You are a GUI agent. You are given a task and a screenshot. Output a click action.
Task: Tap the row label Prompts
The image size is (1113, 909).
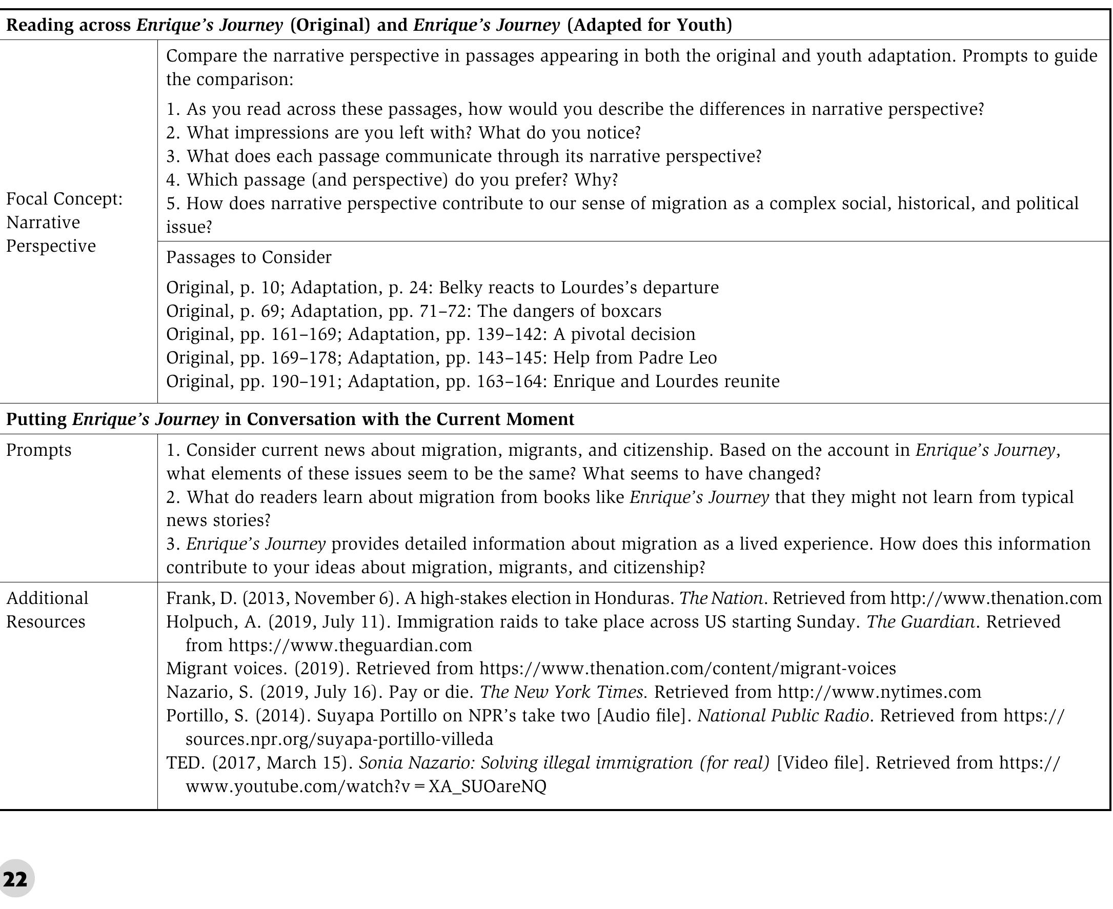[x=39, y=450]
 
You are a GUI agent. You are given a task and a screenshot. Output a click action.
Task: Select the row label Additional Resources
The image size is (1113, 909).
[x=47, y=610]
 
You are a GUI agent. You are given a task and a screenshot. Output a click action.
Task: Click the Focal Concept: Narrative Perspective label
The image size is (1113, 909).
[x=64, y=223]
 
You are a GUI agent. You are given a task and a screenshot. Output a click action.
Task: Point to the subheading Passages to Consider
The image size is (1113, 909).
[x=249, y=257]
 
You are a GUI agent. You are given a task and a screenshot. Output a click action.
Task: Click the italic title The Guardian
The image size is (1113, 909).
[x=920, y=621]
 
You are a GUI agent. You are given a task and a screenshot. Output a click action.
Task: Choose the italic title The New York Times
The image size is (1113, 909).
[x=562, y=692]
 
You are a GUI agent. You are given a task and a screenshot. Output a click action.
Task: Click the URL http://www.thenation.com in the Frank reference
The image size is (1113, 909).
[x=996, y=598]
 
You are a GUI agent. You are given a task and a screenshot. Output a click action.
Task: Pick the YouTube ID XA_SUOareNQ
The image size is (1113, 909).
[x=488, y=786]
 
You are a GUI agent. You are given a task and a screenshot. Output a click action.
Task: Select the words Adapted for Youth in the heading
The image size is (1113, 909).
[x=650, y=25]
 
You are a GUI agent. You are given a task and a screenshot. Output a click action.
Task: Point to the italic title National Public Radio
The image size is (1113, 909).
[x=783, y=716]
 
